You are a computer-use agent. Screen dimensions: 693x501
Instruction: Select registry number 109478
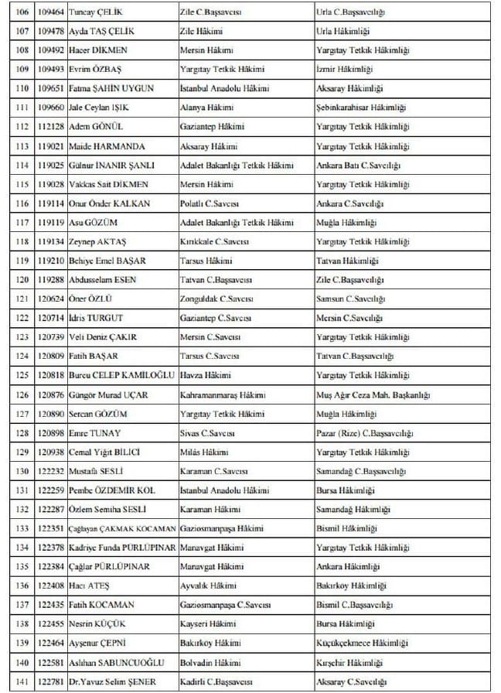pos(51,32)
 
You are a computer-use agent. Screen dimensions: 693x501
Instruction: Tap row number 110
pos(22,89)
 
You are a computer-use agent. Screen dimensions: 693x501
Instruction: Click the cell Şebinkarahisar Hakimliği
pos(361,108)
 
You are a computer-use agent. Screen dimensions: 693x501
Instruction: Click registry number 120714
pos(51,318)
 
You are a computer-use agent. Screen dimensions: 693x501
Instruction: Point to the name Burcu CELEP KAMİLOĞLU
pos(118,375)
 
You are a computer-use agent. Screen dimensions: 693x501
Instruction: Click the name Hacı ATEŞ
pos(89,585)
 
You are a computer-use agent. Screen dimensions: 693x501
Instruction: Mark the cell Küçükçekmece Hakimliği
pos(361,643)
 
